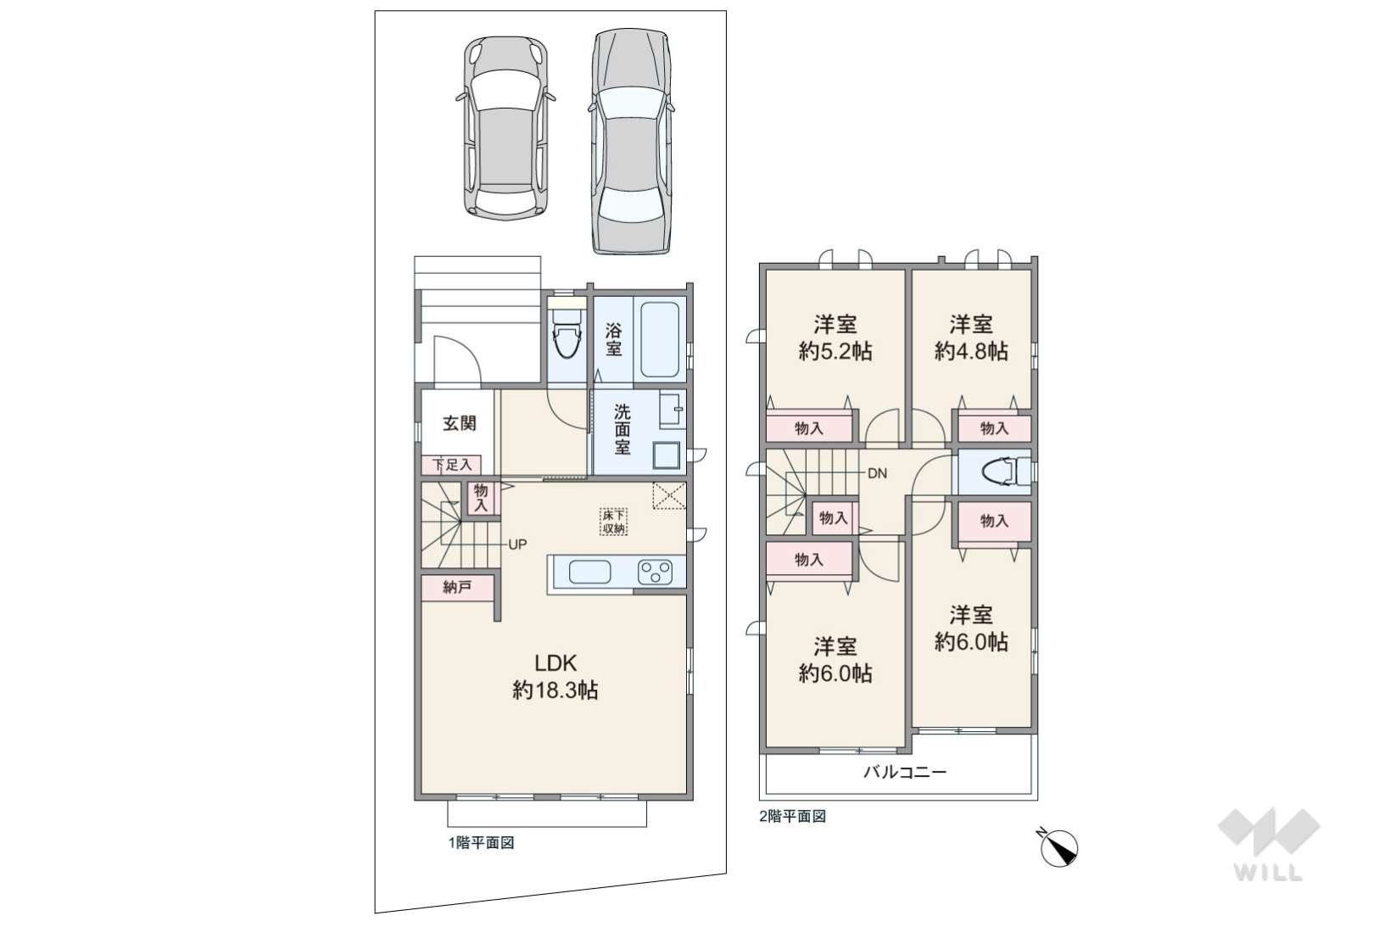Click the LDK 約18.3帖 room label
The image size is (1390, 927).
[x=555, y=677]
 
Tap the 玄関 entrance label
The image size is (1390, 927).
[x=459, y=423]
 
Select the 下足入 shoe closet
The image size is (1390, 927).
[x=452, y=465]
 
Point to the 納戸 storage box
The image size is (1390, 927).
[x=458, y=588]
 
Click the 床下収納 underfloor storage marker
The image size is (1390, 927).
[x=614, y=522]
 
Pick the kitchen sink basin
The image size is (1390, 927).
[x=589, y=572]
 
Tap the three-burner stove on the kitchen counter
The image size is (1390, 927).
[x=655, y=572]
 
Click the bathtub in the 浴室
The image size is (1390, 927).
[x=659, y=339]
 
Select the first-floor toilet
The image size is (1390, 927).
[x=567, y=332]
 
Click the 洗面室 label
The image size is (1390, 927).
[x=622, y=429]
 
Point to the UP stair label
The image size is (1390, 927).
[x=517, y=544]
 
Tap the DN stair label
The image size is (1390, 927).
[x=877, y=473]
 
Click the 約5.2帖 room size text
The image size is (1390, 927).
[x=835, y=352]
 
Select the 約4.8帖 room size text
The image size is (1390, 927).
[x=971, y=352]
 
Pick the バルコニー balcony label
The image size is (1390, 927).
[x=905, y=772]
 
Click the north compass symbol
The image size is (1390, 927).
[x=1058, y=846]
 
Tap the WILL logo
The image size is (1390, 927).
[x=1269, y=844]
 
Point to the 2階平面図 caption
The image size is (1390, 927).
[x=792, y=816]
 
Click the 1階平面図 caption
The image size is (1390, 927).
[x=482, y=843]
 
